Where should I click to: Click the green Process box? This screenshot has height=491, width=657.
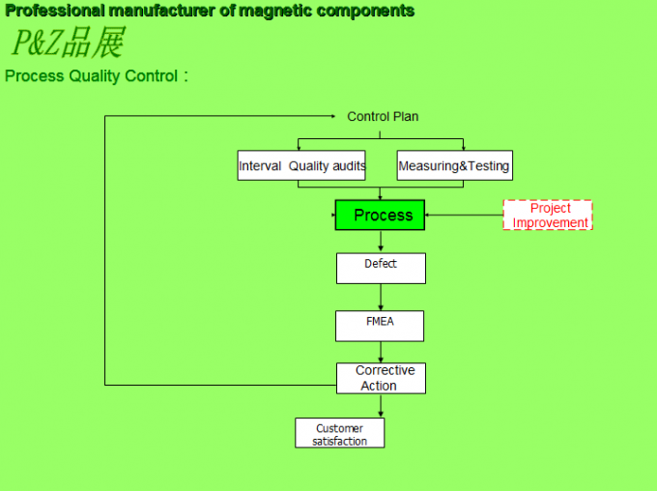pos(380,215)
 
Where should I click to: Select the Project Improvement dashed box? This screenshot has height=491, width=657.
pos(548,215)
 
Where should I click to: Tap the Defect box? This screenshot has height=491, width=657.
pos(381,268)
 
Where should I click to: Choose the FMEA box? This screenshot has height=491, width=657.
pos(380,326)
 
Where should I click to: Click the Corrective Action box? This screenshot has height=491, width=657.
pos(381,378)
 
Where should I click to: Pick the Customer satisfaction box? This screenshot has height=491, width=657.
pos(339,433)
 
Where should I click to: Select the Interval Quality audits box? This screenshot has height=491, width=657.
pos(302,166)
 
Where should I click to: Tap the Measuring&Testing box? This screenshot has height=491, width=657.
pos(454,166)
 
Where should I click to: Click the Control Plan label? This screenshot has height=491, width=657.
pos(383,117)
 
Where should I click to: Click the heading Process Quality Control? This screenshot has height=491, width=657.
pos(92,76)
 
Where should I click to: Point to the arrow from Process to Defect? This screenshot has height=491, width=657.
pos(381,242)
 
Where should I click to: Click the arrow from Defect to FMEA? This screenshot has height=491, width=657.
pos(381,298)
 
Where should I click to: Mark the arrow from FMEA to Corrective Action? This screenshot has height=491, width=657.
pos(381,353)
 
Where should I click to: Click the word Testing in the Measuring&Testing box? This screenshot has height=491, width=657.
pos(488,166)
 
